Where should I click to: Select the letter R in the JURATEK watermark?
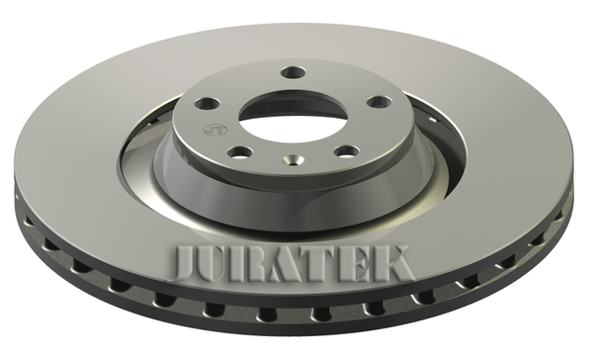pyautogui.click(x=258, y=263)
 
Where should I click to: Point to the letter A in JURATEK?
pyautogui.click(x=292, y=263)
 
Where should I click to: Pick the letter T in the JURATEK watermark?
pyautogui.click(x=324, y=263)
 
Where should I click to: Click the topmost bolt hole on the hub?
pyautogui.click(x=294, y=72)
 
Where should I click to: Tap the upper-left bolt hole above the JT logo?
pyautogui.click(x=208, y=103)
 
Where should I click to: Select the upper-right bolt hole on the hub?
pyautogui.click(x=380, y=102)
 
